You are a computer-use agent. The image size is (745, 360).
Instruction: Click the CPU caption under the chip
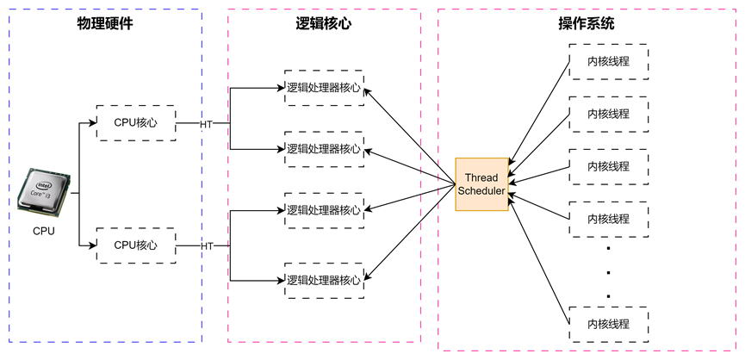(x=44, y=231)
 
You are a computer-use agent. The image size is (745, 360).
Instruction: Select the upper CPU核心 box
(x=136, y=123)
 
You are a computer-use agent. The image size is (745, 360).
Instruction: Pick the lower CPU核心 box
(x=136, y=245)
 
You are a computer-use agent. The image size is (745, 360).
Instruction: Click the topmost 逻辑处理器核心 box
(x=324, y=88)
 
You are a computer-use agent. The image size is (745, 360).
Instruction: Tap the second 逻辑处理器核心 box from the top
(x=324, y=149)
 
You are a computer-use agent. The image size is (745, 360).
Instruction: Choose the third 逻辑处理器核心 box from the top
(x=324, y=210)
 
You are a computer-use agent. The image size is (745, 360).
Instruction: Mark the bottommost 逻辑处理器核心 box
(x=324, y=280)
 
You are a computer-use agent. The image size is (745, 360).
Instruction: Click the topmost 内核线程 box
(x=608, y=61)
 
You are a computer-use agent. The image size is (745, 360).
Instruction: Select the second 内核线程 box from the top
(x=608, y=114)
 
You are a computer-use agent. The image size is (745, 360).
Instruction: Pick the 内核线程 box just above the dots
(x=608, y=219)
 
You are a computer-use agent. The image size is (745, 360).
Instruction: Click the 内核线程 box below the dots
(x=608, y=324)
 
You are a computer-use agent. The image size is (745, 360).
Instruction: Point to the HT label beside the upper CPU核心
(x=207, y=124)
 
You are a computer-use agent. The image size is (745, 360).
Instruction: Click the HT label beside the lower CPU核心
(x=207, y=246)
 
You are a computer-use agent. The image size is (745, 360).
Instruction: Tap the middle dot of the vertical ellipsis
(x=608, y=272)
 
